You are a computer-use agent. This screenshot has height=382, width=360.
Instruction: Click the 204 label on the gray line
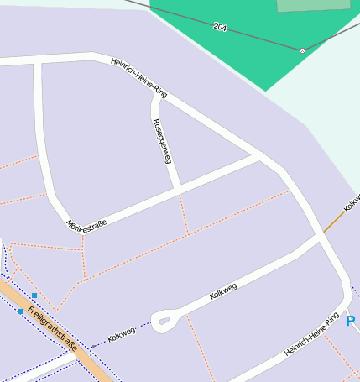tap(220, 27)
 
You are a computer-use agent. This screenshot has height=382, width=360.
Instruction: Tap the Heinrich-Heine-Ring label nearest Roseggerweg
tap(138, 78)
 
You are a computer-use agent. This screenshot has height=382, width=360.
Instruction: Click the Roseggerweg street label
tap(163, 140)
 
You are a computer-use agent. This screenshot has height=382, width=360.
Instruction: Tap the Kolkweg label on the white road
tap(223, 291)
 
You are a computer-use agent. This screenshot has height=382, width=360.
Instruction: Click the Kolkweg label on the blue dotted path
tap(121, 336)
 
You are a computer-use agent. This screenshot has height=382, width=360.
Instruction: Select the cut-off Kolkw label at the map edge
tap(352, 202)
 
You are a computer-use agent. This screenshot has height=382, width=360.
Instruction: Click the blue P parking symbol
tap(351, 321)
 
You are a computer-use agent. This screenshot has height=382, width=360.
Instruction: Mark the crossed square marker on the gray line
tap(303, 50)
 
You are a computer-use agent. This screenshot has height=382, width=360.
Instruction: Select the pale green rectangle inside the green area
tap(312, 5)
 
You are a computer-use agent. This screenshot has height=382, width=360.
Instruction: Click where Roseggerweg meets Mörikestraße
tap(179, 190)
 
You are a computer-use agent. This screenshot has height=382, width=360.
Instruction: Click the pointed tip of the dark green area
tap(265, 91)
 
